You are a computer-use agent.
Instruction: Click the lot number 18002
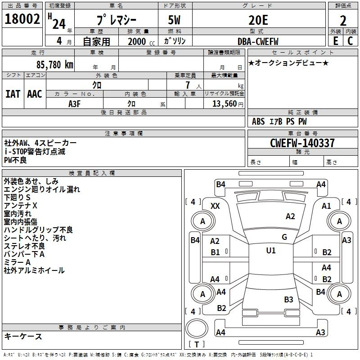(22, 19)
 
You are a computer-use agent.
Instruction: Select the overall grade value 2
(343, 21)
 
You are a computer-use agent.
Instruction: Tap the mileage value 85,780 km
(55, 65)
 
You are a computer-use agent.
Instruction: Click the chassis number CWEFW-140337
(302, 143)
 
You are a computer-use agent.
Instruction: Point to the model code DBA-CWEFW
(258, 41)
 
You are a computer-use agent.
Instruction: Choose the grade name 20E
(258, 20)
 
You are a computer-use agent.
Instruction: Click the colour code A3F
(74, 104)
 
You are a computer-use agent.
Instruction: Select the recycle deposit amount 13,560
(225, 104)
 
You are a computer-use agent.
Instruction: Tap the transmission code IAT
(13, 94)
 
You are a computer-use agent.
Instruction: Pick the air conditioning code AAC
(35, 94)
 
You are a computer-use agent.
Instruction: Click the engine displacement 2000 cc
(141, 42)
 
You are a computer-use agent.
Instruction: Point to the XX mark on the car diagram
(215, 206)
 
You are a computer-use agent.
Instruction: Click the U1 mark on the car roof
(271, 250)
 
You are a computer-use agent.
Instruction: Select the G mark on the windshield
(284, 237)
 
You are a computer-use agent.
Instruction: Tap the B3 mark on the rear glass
(288, 299)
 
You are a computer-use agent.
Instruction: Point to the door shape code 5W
(174, 20)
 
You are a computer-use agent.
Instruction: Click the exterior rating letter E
(335, 41)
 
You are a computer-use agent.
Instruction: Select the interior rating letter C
(350, 41)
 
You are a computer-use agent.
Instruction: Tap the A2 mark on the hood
(290, 216)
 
